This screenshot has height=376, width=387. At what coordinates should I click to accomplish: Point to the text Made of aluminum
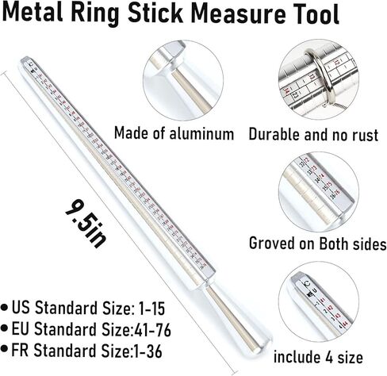(x=174, y=132)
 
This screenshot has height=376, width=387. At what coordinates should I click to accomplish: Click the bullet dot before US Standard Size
(x=6, y=305)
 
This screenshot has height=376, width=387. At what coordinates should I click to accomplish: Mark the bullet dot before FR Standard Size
(x=6, y=349)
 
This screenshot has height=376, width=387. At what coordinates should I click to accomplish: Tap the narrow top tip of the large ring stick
(x=29, y=59)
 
